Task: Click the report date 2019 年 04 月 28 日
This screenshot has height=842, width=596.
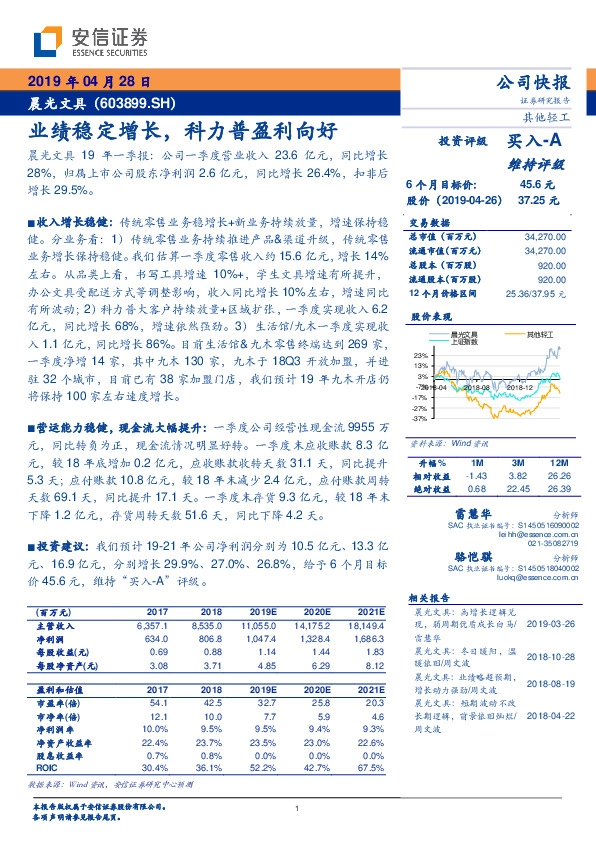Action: point(87,81)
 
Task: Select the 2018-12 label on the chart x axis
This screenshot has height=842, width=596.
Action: point(518,386)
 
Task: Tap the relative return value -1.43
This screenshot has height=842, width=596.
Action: point(477,476)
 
